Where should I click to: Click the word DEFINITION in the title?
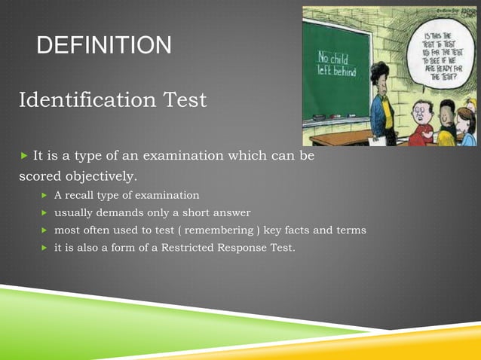coord(104,47)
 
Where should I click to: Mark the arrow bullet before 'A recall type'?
coord(45,196)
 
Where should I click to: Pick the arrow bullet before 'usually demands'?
coord(45,213)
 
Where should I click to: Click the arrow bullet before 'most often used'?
coord(45,230)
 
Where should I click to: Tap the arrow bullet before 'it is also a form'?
coord(45,248)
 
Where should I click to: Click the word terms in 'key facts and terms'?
coord(351,230)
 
